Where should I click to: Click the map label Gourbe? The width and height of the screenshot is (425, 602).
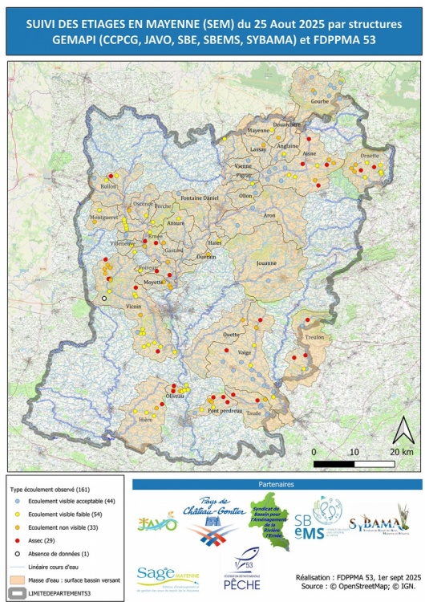point(320,102)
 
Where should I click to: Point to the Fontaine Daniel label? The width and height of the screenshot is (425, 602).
point(200,197)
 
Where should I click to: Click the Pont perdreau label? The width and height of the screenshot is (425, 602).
point(225,411)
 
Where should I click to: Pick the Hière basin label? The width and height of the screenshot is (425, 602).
point(146,420)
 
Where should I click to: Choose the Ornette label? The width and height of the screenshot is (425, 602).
point(369,156)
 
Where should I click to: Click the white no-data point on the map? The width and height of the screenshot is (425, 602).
point(103,298)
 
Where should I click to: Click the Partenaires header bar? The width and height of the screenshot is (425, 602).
point(277,485)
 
